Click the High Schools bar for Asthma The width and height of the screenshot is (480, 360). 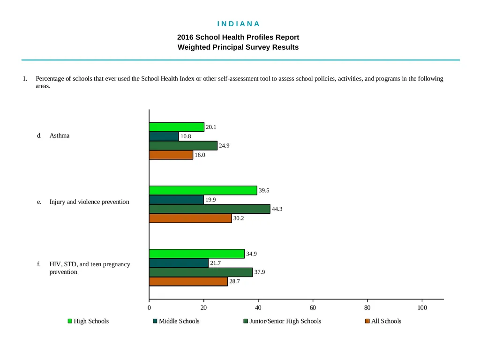point(177,127)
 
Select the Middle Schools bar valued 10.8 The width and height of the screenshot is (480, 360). point(164,136)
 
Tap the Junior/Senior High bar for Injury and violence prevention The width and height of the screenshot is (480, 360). point(210,209)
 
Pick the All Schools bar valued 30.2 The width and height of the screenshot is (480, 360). point(190,218)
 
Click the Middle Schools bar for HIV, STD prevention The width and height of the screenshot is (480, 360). point(179,263)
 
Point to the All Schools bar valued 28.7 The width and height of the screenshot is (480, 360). point(188,282)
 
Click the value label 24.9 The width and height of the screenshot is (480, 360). point(224,146)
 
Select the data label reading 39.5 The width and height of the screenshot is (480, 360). point(264,190)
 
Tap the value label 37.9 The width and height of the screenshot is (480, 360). point(260,272)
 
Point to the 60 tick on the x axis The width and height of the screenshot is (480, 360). point(313,307)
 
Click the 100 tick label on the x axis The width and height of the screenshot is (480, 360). point(422,307)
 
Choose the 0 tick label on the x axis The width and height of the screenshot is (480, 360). point(149,307)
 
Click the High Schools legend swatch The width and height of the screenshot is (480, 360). point(70,321)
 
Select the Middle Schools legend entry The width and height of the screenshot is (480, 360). point(176,321)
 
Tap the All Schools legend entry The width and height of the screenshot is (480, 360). point(383,321)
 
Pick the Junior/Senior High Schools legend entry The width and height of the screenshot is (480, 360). point(282,321)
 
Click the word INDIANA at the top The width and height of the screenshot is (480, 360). point(239,24)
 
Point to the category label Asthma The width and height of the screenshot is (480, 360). point(60,135)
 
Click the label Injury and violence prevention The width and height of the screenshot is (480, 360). point(90,202)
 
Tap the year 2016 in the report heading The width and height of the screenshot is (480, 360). point(185,37)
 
